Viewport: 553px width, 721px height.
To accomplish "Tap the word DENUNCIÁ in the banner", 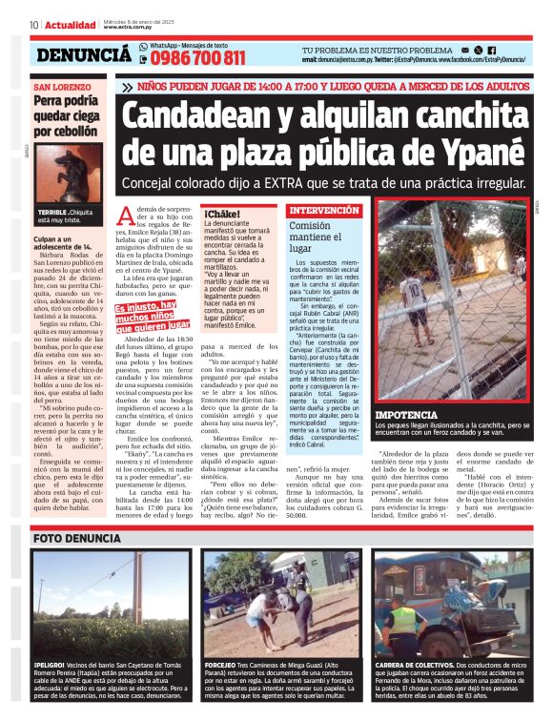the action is tap(84, 56).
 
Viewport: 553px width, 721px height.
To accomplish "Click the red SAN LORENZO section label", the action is tap(59, 86).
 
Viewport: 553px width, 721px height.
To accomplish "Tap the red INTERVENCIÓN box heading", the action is tap(324, 210).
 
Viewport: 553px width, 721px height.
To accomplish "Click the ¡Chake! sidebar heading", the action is tap(222, 214).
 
